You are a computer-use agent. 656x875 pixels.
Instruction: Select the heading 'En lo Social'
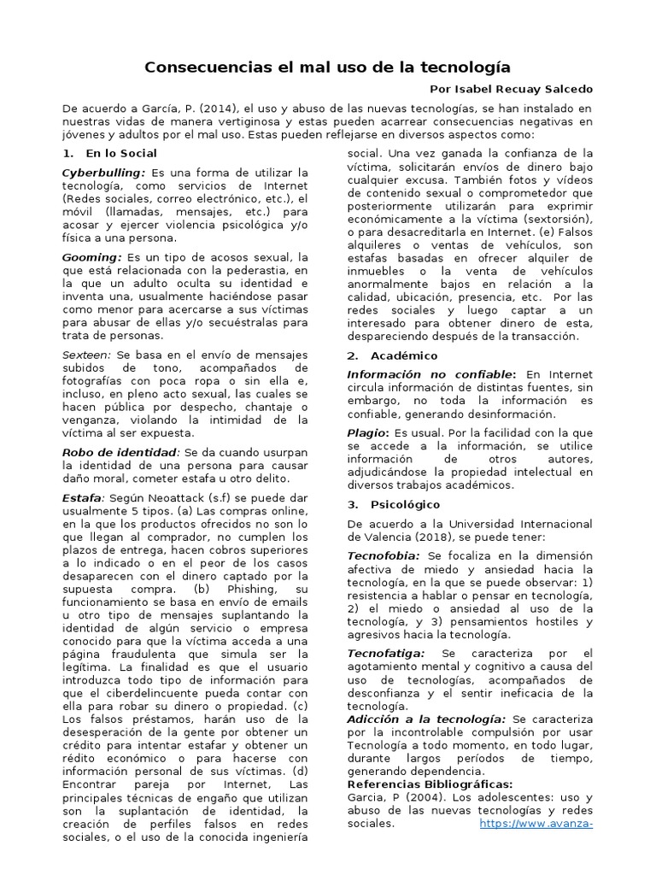[121, 153]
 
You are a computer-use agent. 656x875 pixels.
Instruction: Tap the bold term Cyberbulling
[102, 173]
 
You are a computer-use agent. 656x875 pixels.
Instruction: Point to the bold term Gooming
[91, 256]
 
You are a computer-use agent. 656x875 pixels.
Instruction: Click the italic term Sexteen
[87, 354]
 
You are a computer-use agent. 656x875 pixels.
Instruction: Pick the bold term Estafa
[81, 497]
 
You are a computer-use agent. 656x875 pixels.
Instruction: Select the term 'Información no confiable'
[431, 374]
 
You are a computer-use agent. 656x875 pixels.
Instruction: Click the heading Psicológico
[405, 504]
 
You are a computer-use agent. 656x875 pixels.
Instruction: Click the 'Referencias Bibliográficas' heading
[430, 784]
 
